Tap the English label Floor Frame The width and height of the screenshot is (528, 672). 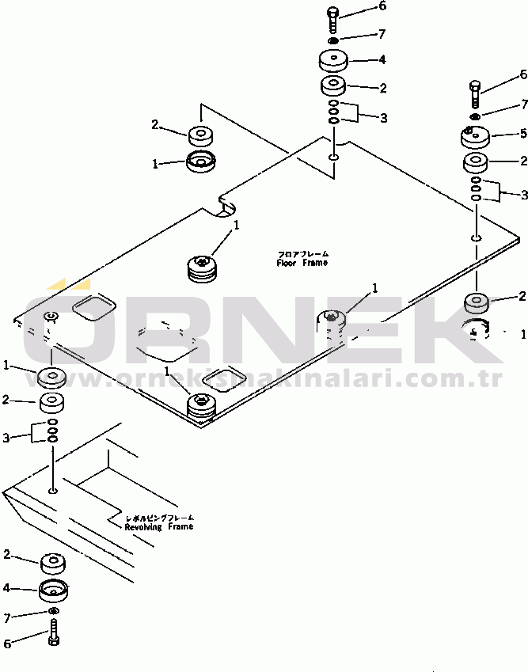302,263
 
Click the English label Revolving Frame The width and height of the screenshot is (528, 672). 158,526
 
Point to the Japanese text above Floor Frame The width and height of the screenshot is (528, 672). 302,254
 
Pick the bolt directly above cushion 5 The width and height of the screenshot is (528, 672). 474,93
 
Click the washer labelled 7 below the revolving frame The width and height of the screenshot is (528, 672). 53,612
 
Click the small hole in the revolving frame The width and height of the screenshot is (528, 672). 52,492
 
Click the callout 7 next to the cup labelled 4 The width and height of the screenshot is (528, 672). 7,617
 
